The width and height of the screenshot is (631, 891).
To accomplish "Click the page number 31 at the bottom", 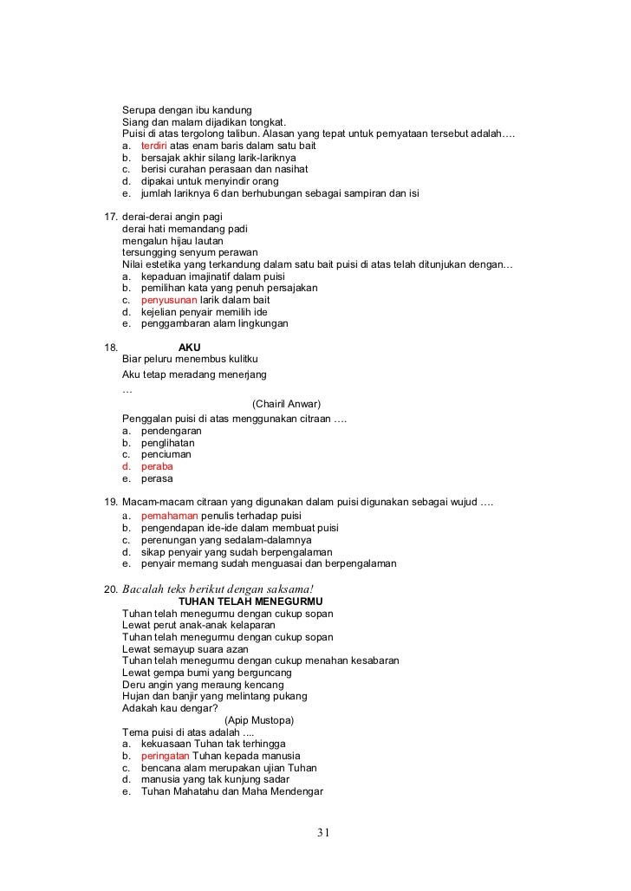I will click(x=322, y=834).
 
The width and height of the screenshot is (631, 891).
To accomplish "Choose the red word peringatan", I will click(x=165, y=756).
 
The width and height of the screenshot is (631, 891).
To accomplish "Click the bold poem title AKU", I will click(x=189, y=348).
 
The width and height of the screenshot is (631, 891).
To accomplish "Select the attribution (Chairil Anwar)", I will click(x=286, y=404).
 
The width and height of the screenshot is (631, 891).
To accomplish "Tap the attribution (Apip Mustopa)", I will click(x=258, y=720).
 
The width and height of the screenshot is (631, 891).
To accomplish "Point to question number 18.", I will click(x=111, y=348).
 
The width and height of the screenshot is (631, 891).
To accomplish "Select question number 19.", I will click(x=111, y=504).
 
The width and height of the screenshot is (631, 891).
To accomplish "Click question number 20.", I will click(x=111, y=589).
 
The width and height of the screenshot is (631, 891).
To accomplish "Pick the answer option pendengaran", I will click(x=171, y=430).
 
